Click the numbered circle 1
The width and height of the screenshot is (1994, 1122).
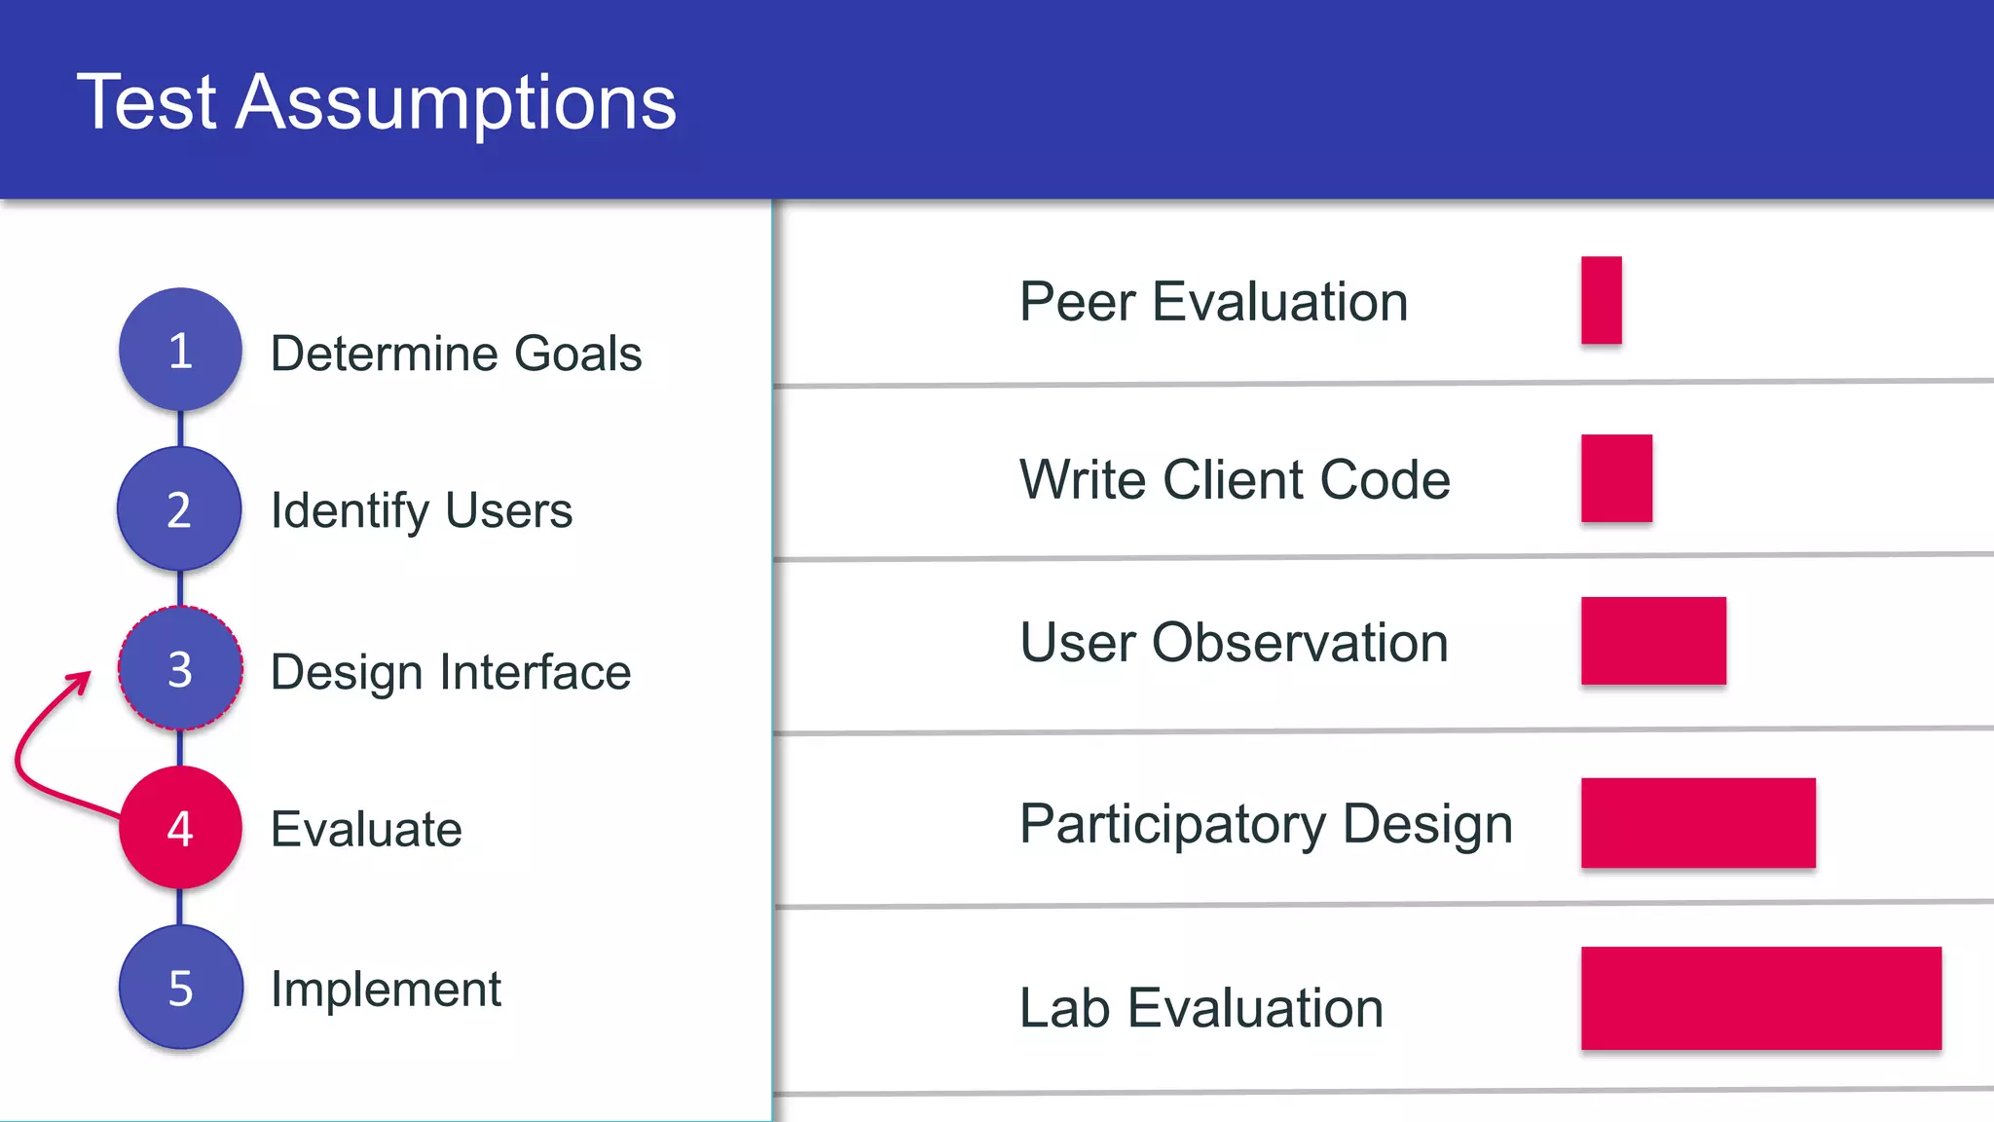click(180, 350)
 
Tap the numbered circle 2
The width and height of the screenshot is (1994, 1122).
click(179, 509)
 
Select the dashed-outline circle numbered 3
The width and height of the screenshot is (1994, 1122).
click(180, 668)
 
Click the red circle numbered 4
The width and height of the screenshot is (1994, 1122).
click(180, 828)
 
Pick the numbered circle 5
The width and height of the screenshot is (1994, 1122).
click(180, 988)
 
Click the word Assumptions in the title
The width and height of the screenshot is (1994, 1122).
click(456, 102)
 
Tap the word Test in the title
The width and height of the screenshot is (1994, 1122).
click(147, 102)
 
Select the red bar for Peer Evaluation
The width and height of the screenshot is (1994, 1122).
click(1601, 300)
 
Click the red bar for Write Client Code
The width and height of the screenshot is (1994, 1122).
click(1616, 478)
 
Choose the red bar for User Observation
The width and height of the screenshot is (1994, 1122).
click(1653, 641)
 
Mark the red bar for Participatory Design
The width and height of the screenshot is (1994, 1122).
click(1698, 823)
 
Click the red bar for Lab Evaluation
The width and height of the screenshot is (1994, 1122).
click(1760, 998)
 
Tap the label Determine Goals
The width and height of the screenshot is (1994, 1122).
click(456, 354)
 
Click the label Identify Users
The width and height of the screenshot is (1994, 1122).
click(422, 511)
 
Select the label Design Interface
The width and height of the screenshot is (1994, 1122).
click(451, 672)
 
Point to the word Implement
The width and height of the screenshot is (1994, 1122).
click(386, 990)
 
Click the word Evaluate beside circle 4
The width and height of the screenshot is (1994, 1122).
click(366, 830)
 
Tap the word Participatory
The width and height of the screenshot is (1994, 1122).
click(1172, 825)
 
